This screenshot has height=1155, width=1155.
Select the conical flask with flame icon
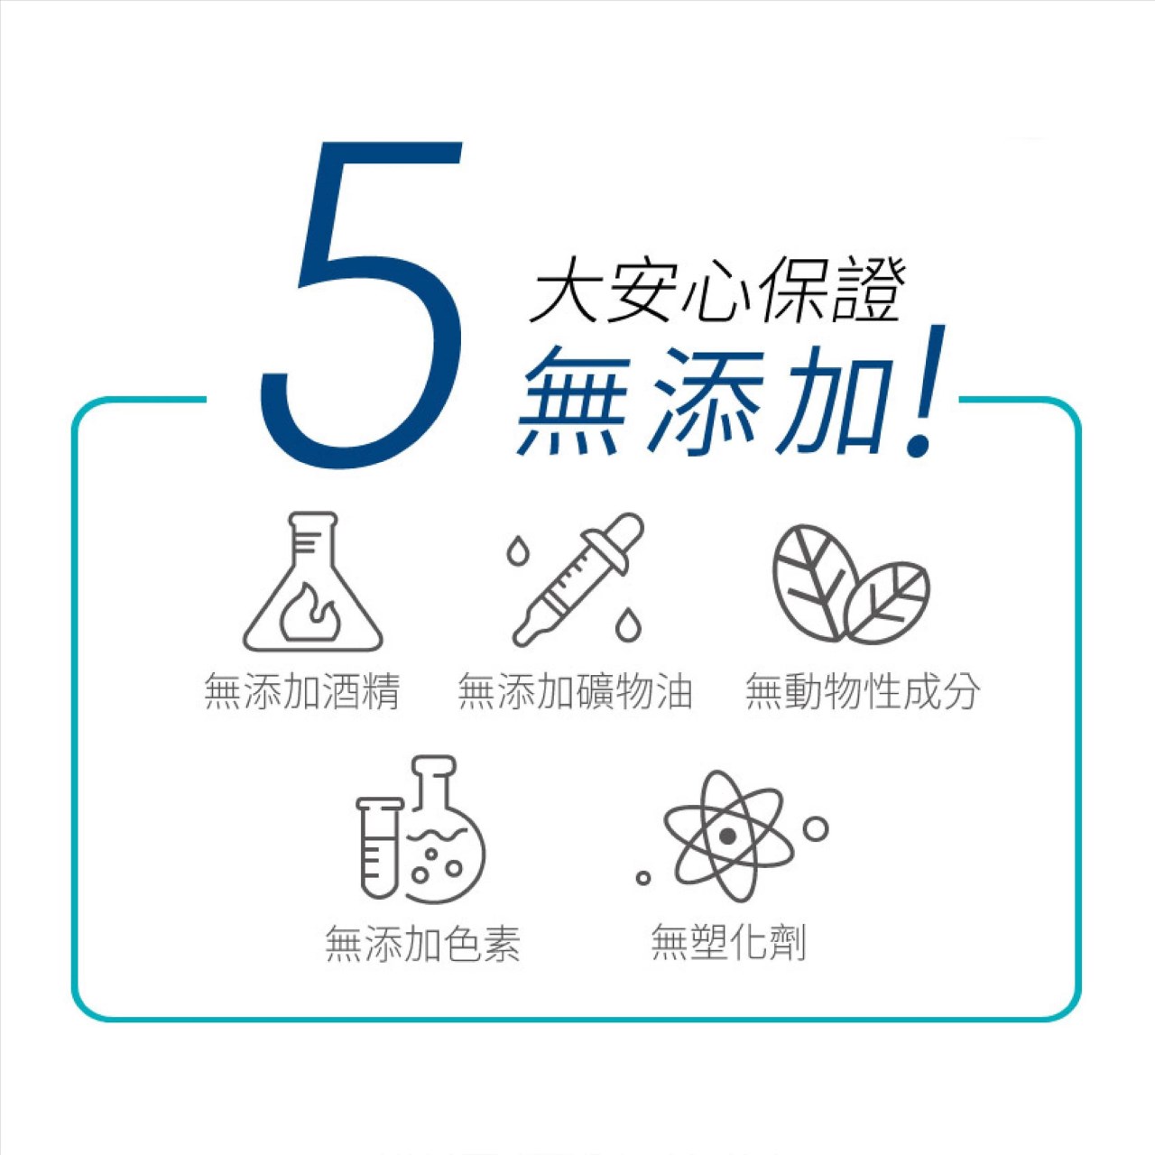[312, 581]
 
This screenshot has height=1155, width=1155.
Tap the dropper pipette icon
[578, 578]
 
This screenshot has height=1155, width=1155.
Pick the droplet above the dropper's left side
[515, 550]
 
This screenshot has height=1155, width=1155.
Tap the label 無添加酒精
[302, 691]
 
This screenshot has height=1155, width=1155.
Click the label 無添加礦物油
[576, 691]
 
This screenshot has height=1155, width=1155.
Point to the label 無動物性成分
[864, 691]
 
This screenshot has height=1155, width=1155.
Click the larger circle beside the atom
[815, 829]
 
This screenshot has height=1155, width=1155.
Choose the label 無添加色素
[422, 944]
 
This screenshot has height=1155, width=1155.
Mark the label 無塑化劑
[728, 942]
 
